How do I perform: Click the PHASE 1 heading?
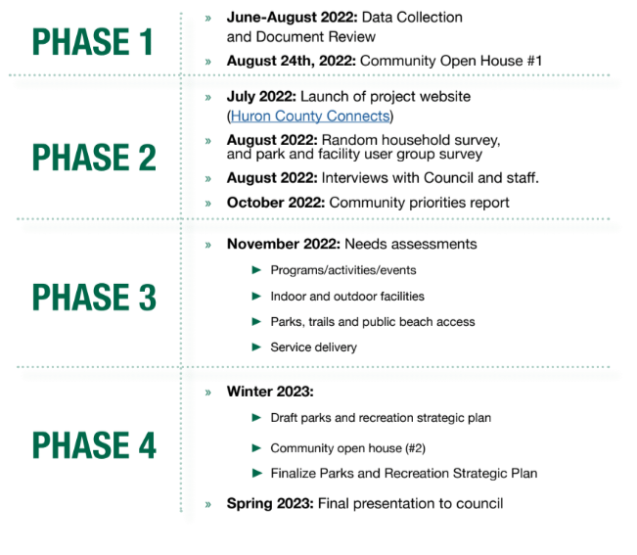93,42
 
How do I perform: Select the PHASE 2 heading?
94,158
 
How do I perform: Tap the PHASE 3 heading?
94,297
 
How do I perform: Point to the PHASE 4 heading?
94,445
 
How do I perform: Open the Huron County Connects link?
310,116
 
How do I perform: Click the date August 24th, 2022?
292,61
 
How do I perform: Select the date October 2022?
276,203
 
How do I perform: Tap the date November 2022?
284,244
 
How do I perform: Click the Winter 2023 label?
270,392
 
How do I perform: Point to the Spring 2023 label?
270,504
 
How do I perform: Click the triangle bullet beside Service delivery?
256,347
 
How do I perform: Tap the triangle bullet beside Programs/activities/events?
256,270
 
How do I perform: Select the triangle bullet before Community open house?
256,448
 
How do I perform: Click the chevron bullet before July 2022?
208,98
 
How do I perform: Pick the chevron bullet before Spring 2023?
208,505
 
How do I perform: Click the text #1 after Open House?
534,61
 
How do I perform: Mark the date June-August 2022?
293,18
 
